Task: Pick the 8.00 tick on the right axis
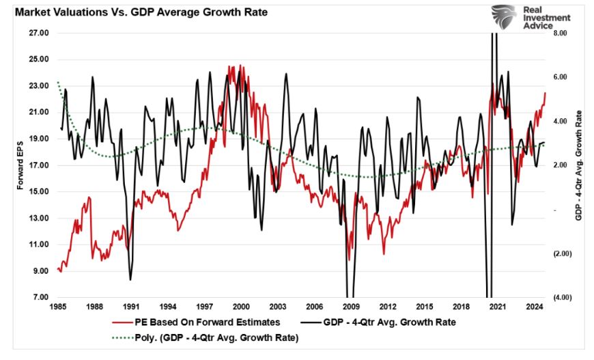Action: [x=560, y=33]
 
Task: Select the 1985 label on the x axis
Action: [x=59, y=307]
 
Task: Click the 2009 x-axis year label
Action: [x=350, y=307]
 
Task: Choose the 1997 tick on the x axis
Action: [x=205, y=307]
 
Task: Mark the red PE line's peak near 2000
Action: [x=231, y=66]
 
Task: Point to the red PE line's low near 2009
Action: [x=349, y=260]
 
